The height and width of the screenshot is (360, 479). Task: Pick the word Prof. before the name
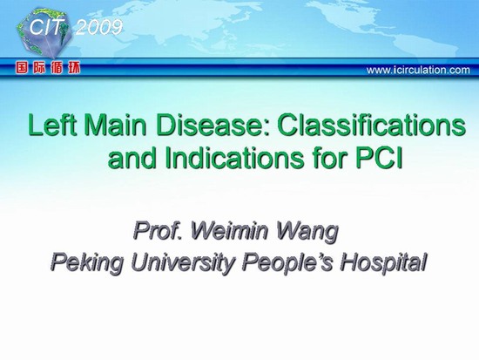point(157,231)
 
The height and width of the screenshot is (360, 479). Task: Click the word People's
point(287,263)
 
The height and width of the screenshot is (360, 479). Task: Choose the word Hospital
point(383,263)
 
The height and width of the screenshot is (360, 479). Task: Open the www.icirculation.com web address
point(418,70)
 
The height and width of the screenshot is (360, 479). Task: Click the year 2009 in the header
point(98,28)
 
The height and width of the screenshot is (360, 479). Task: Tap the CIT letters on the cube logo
point(47,27)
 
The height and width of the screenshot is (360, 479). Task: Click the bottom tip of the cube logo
point(55,59)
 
